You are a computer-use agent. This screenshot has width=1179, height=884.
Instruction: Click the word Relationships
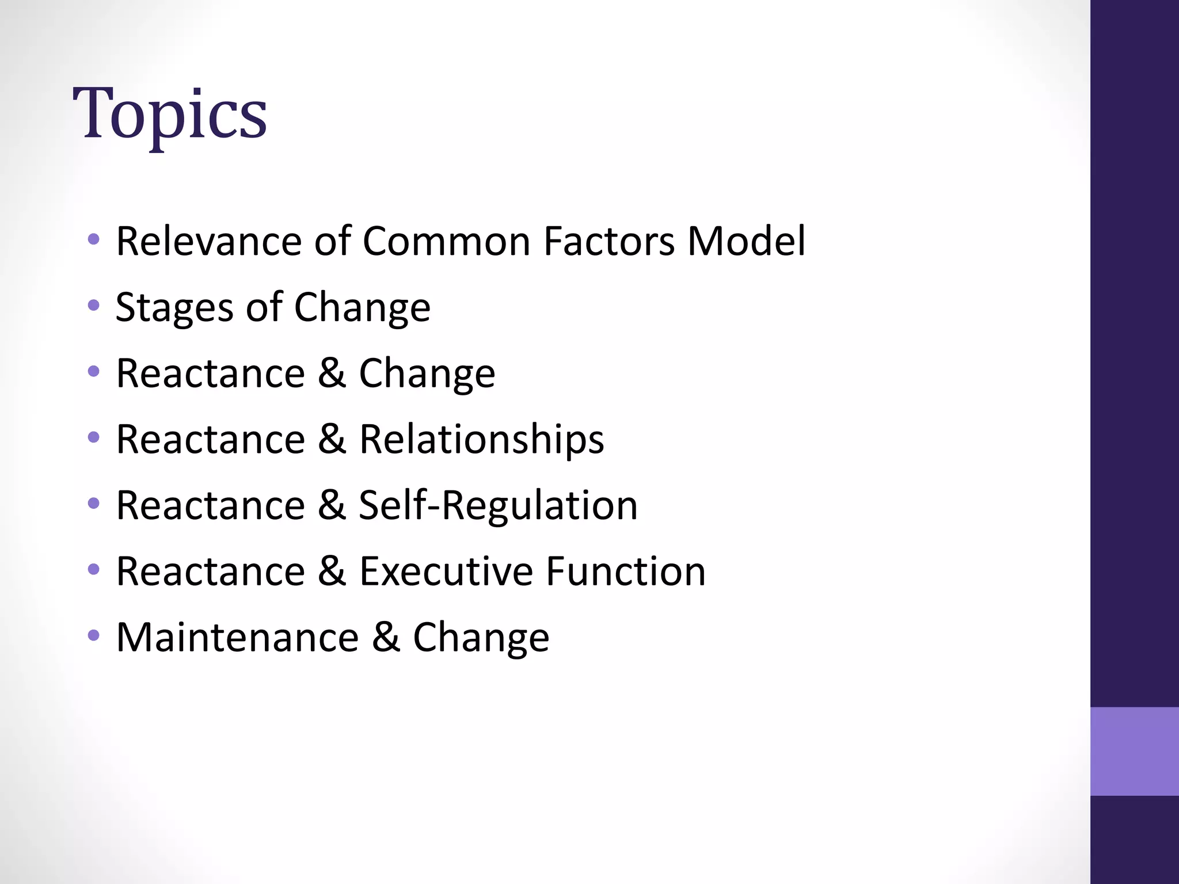click(481, 439)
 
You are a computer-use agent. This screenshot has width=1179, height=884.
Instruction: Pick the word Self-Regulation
click(498, 505)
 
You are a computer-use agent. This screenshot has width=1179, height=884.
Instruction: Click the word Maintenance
click(237, 638)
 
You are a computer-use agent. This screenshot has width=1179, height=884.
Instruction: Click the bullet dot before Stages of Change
click(94, 305)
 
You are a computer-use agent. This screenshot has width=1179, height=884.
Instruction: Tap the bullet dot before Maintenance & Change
click(94, 636)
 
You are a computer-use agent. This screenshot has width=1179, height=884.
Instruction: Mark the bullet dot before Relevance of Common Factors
click(94, 239)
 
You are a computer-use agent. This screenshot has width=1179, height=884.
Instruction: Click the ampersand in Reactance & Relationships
click(332, 439)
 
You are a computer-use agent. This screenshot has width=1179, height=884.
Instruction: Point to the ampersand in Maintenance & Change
click(386, 638)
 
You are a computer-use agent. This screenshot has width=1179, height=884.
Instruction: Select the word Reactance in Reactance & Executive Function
click(210, 571)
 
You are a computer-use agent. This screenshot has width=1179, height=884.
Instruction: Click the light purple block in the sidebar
click(1134, 751)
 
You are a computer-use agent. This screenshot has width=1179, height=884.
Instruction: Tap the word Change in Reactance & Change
click(427, 374)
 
